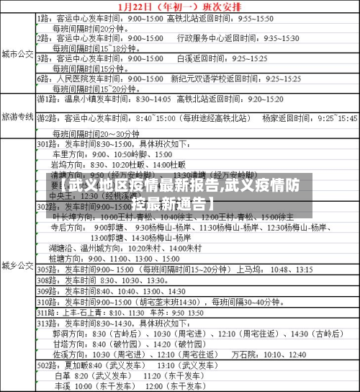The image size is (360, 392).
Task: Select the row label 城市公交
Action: tap(17, 54)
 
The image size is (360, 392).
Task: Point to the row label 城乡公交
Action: tap(17, 264)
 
